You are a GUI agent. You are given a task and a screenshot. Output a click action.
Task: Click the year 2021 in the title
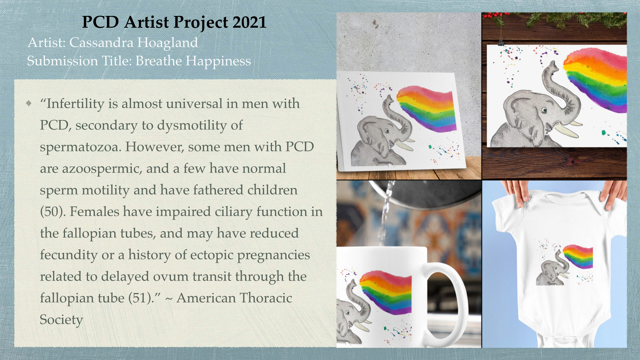point(249,22)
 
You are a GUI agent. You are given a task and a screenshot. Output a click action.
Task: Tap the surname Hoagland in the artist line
point(167,43)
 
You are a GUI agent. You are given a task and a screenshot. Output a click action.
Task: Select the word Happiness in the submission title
point(218,61)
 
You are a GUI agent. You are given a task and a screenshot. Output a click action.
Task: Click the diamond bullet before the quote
point(29,103)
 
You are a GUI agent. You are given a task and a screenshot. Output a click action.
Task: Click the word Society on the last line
point(61,320)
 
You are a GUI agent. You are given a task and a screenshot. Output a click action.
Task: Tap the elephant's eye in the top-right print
point(544,110)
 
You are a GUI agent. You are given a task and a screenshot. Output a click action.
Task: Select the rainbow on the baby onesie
point(578,256)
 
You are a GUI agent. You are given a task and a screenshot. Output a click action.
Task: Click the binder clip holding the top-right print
point(501,42)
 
